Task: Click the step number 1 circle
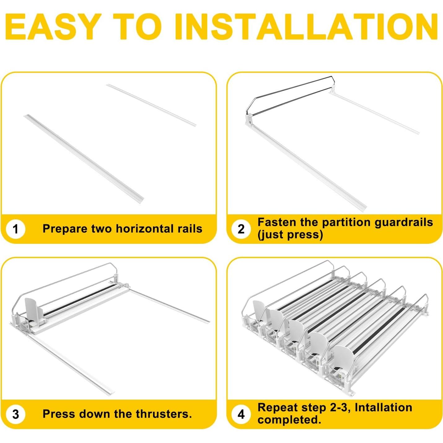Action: click(15, 229)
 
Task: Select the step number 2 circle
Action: click(241, 229)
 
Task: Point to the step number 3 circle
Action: click(15, 414)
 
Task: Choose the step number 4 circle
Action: click(241, 414)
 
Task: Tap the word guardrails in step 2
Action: click(404, 222)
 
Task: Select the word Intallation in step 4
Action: click(383, 408)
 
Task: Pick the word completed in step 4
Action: click(289, 420)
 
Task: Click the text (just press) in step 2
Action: click(290, 235)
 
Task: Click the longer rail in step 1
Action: click(84, 158)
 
